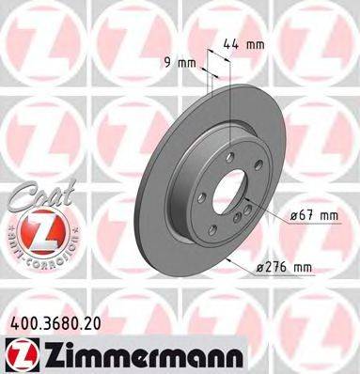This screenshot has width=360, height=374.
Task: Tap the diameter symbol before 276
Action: [259, 269]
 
